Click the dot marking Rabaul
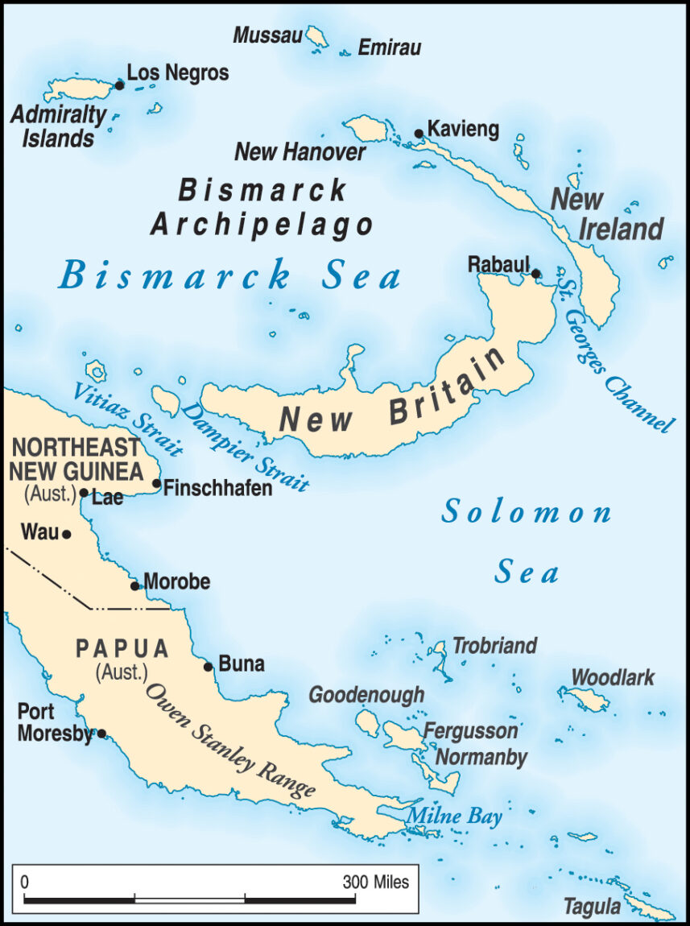(x=537, y=274)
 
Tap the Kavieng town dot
(x=419, y=134)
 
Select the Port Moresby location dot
(x=101, y=733)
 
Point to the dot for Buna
(x=209, y=666)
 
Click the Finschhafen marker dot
(x=157, y=484)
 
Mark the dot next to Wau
(x=67, y=533)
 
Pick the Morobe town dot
(x=135, y=585)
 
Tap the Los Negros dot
(x=119, y=85)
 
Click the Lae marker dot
(x=84, y=493)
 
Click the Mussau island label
(x=267, y=35)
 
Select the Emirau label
(x=390, y=48)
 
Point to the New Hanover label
(x=300, y=151)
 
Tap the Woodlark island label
(x=613, y=677)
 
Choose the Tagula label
(x=592, y=907)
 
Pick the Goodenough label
(x=366, y=694)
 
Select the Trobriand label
(x=494, y=645)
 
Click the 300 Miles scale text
(x=376, y=882)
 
